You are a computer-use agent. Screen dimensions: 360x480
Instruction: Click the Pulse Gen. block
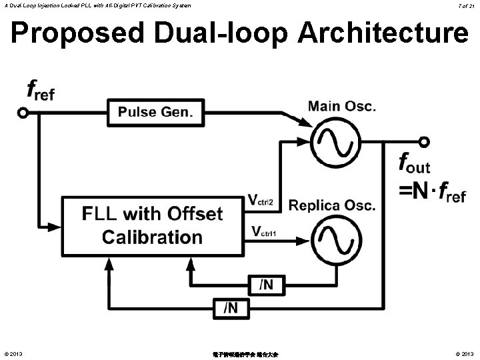(x=155, y=112)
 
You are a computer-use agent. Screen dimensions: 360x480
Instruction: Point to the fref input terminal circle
(x=23, y=113)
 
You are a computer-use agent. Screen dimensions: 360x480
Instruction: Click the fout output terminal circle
(x=424, y=142)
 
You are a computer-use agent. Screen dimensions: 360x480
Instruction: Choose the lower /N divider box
(x=229, y=307)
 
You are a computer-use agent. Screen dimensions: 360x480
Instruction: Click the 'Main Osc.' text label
(x=342, y=106)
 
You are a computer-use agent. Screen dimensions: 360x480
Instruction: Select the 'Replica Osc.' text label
(x=332, y=205)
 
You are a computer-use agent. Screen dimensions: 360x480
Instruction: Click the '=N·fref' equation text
(x=431, y=193)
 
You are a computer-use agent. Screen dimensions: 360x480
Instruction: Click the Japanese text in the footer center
(x=239, y=354)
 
